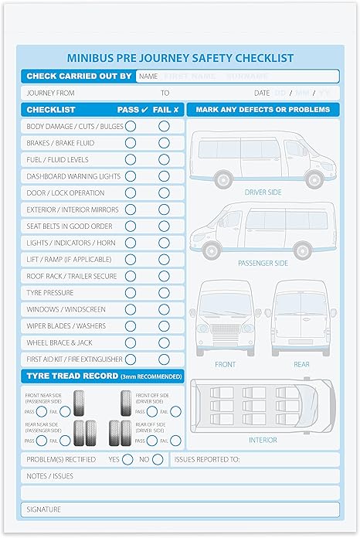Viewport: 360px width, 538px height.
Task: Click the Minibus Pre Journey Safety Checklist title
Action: pyautogui.click(x=180, y=57)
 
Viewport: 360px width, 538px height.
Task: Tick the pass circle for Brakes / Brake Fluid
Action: pyautogui.click(x=131, y=143)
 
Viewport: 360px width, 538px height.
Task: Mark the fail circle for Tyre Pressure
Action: pyautogui.click(x=164, y=293)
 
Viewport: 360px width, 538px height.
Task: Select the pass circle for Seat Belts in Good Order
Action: pyautogui.click(x=131, y=226)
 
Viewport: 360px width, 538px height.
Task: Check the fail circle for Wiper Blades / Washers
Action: pyautogui.click(x=164, y=326)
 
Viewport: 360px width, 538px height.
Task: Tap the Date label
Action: pyautogui.click(x=263, y=93)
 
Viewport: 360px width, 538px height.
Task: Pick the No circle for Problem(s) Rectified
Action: pyautogui.click(x=158, y=460)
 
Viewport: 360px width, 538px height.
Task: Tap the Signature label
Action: pyautogui.click(x=43, y=509)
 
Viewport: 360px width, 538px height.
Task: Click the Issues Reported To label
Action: pyautogui.click(x=207, y=460)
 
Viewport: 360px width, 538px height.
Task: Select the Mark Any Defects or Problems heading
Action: pyautogui.click(x=263, y=110)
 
